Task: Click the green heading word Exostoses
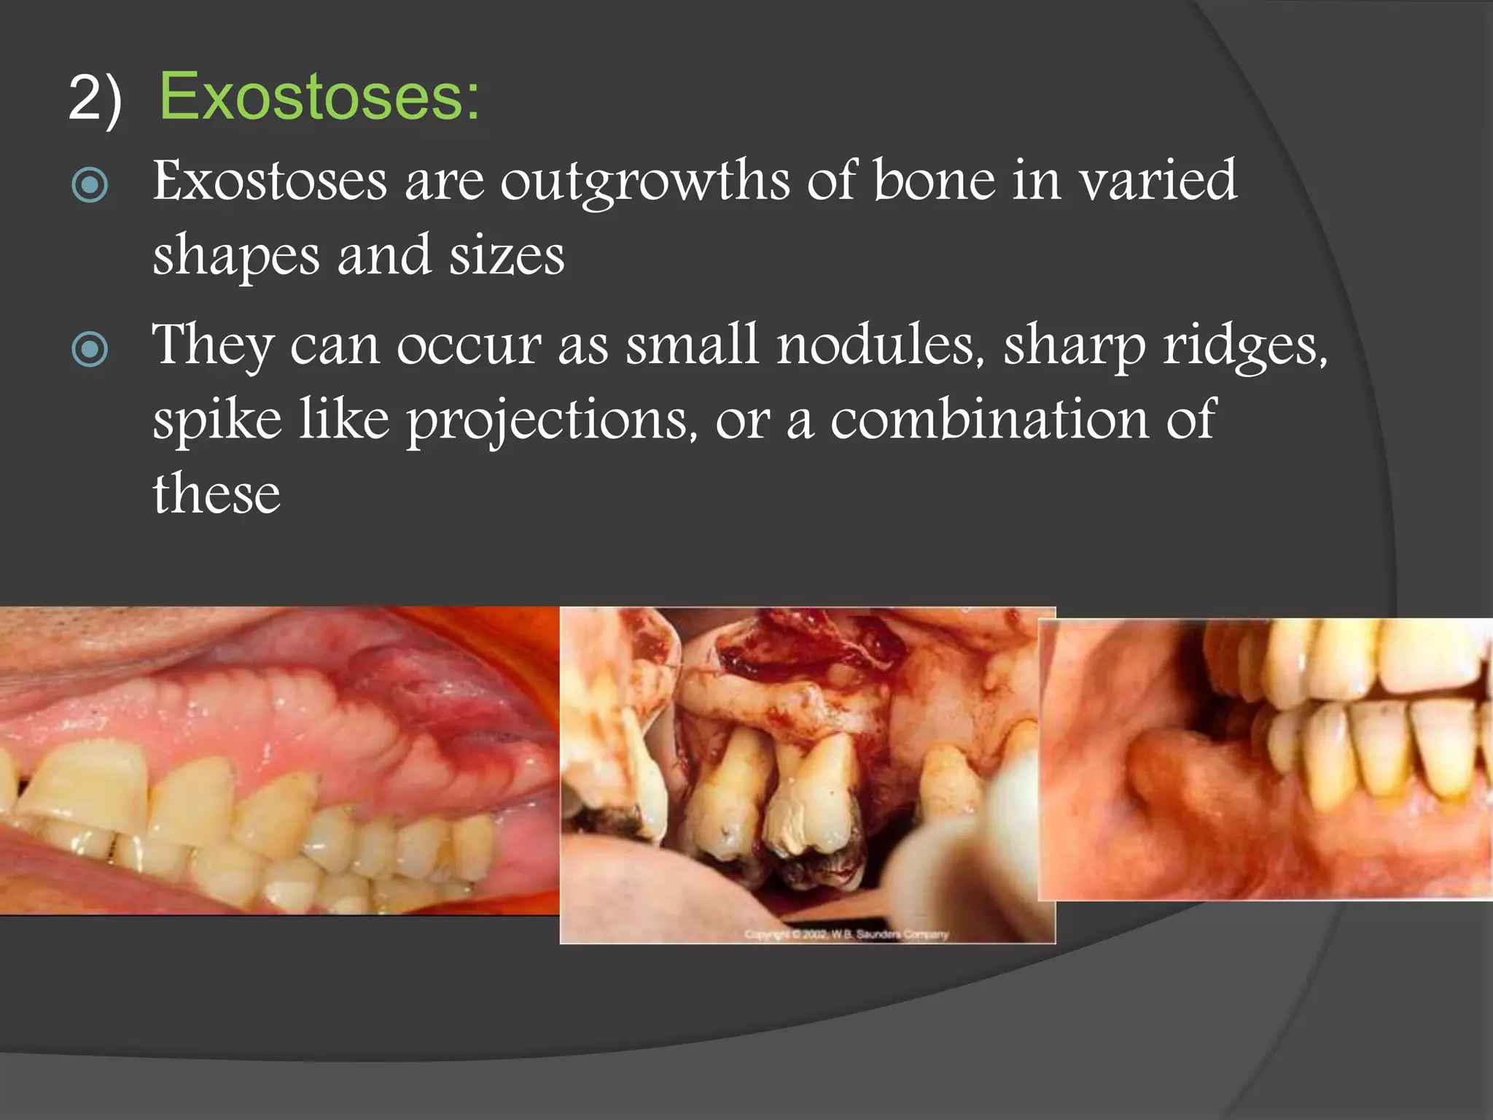(x=319, y=97)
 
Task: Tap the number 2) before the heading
(x=95, y=99)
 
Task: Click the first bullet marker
(x=90, y=185)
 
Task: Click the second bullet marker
(x=90, y=349)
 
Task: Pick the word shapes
(x=236, y=257)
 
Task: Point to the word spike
(x=217, y=421)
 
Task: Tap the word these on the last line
(x=217, y=494)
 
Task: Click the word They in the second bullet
(x=213, y=346)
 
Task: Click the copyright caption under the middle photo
(x=846, y=934)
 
